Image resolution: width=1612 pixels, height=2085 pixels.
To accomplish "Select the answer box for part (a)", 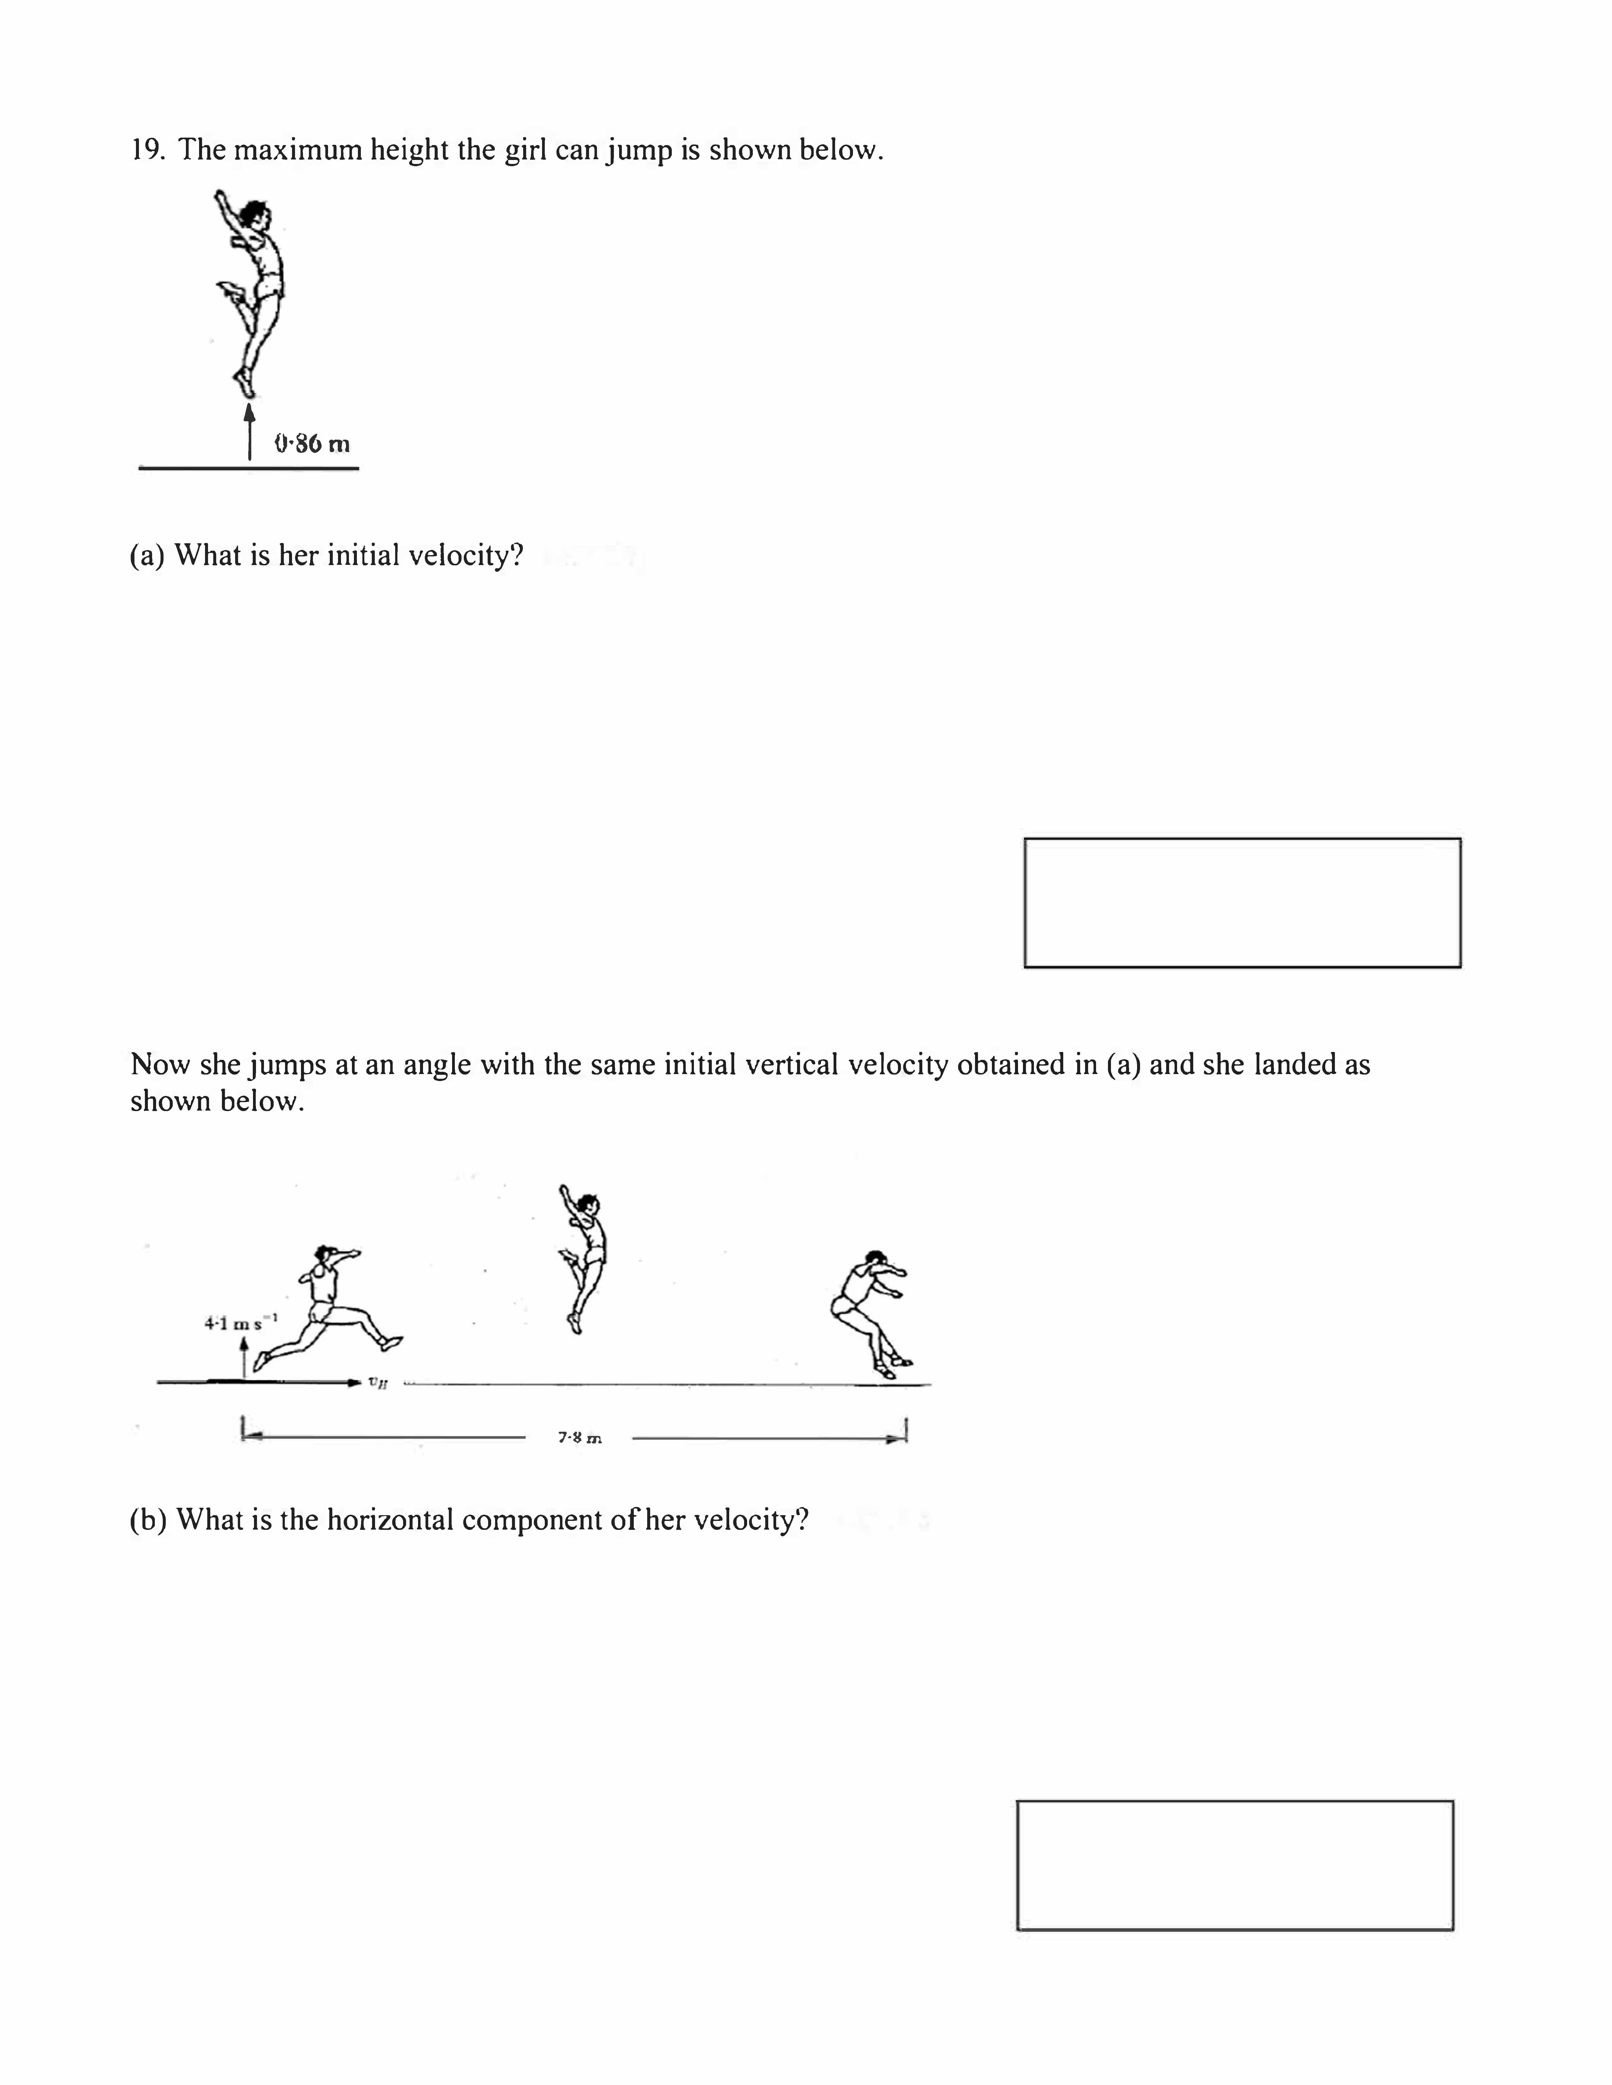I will coord(1241,902).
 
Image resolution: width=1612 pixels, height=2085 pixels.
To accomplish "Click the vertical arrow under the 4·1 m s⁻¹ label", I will coord(245,1356).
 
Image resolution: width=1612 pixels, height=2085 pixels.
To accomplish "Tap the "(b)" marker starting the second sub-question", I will coord(148,1519).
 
